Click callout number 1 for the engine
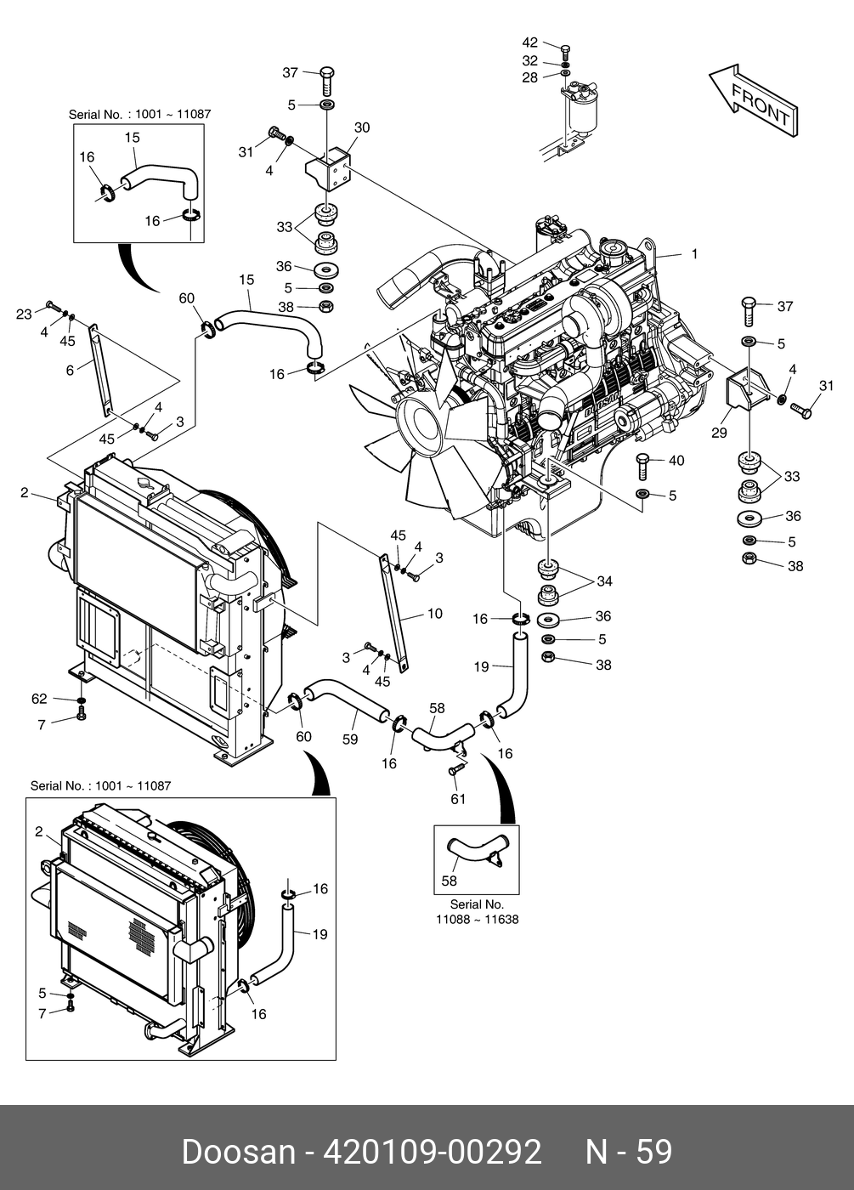[x=694, y=253]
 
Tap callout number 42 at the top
[x=529, y=42]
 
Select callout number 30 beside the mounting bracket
[x=362, y=127]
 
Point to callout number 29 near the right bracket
[x=719, y=433]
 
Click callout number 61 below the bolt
[x=458, y=799]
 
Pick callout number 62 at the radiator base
[x=39, y=699]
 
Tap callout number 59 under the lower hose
[x=349, y=739]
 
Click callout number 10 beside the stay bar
[x=434, y=613]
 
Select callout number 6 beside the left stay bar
[x=70, y=371]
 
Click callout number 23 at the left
[x=24, y=314]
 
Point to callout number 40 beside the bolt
[x=676, y=461]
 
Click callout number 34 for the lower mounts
[x=604, y=581]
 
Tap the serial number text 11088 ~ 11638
[x=477, y=920]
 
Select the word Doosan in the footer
[x=237, y=1153]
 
